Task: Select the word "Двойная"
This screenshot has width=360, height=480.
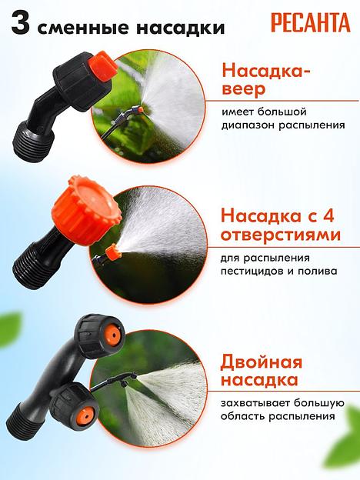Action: click(x=262, y=362)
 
